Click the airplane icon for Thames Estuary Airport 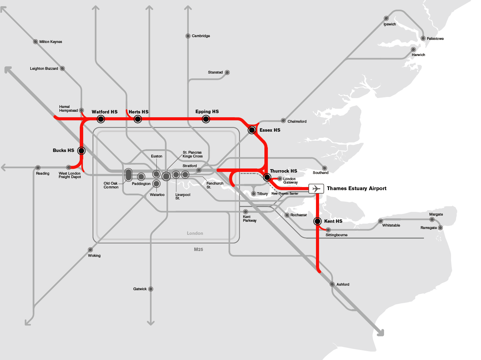click(x=316, y=189)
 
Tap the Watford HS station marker click(x=101, y=119)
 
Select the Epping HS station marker click(x=206, y=119)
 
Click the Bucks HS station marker click(x=81, y=151)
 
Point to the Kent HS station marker click(x=318, y=221)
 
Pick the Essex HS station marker click(x=252, y=130)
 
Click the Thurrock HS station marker click(x=267, y=177)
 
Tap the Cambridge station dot click(x=188, y=36)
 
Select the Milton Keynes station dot click(x=35, y=42)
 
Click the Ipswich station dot click(x=386, y=19)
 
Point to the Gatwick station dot click(x=151, y=289)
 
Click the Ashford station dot click(x=332, y=284)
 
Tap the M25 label click(x=198, y=250)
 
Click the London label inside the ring click(x=195, y=233)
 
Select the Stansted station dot click(x=227, y=73)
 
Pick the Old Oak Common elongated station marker click(x=128, y=175)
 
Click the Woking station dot click(x=90, y=250)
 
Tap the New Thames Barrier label click(x=285, y=194)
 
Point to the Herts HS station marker click(x=138, y=119)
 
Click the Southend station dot click(x=325, y=168)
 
